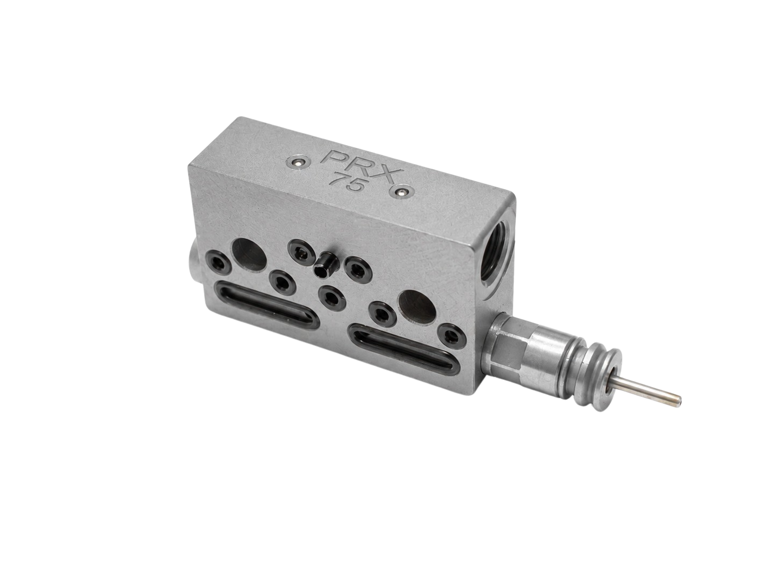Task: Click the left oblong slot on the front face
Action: click(x=268, y=298)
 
